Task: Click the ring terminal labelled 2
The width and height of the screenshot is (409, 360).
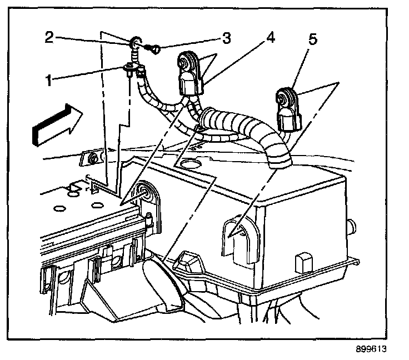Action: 136,43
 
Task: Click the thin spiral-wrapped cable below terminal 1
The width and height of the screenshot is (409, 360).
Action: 150,100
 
